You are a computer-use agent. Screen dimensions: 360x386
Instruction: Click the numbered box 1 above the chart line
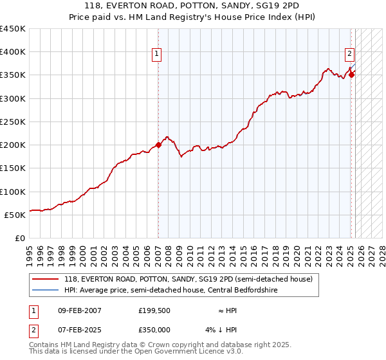coord(157,55)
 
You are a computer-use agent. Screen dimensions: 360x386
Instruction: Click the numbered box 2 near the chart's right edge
coord(349,55)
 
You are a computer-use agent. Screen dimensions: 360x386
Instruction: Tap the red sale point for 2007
coord(158,145)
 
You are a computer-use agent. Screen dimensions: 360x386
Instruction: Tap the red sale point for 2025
coord(352,74)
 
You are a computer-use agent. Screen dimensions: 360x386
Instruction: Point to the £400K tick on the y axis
coord(13,52)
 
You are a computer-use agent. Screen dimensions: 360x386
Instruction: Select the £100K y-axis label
coord(13,192)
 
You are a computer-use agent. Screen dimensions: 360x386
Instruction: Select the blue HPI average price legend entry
coord(178,290)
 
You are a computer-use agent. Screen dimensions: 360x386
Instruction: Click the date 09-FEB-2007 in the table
coord(80,310)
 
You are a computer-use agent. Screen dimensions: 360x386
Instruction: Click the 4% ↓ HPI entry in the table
coord(222,330)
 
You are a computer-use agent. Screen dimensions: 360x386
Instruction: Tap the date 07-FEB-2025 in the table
coord(80,330)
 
